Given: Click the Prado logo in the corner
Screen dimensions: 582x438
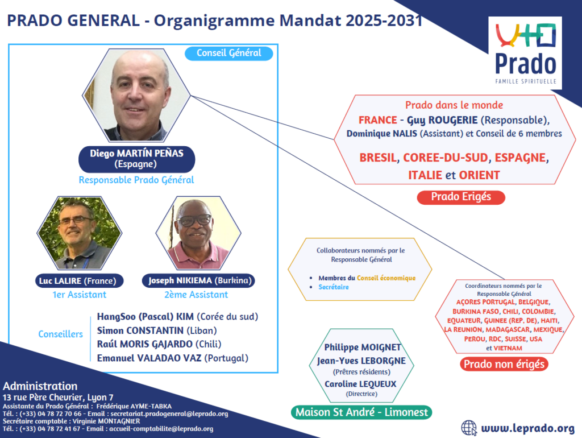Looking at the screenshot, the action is point(525,53).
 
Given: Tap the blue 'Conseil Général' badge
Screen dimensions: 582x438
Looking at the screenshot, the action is point(229,53).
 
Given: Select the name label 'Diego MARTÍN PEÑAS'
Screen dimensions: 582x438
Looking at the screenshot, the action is point(136,153).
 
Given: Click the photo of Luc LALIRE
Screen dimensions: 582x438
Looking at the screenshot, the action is point(80,233).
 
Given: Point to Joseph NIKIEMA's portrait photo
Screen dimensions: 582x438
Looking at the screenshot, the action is point(198,233).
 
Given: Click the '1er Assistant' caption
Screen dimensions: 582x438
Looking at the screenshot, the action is point(80,295).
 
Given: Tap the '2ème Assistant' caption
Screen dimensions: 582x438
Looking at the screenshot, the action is point(196,295).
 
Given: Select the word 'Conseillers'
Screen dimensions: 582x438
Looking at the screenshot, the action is point(60,334).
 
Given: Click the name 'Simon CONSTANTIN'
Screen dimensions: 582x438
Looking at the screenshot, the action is point(140,330).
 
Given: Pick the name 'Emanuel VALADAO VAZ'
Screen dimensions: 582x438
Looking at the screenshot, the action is point(149,358).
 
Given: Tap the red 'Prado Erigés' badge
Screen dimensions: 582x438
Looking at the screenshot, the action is point(461,197).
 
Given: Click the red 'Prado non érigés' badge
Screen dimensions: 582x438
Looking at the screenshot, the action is point(504,364).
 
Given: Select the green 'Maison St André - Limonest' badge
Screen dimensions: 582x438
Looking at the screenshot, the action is point(361,412).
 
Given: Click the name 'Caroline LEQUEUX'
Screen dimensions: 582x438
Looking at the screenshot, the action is point(360,384).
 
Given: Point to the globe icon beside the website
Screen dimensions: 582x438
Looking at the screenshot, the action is point(469,428).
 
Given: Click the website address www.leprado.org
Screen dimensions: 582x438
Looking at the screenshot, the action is point(528,428).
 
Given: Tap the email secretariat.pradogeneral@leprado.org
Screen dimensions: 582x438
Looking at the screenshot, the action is point(169,414).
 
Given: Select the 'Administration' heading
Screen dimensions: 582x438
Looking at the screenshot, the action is point(40,386).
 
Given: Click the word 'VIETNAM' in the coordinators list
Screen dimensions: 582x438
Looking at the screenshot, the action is point(508,348).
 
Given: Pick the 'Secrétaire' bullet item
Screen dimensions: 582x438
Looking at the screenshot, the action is point(333,287).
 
